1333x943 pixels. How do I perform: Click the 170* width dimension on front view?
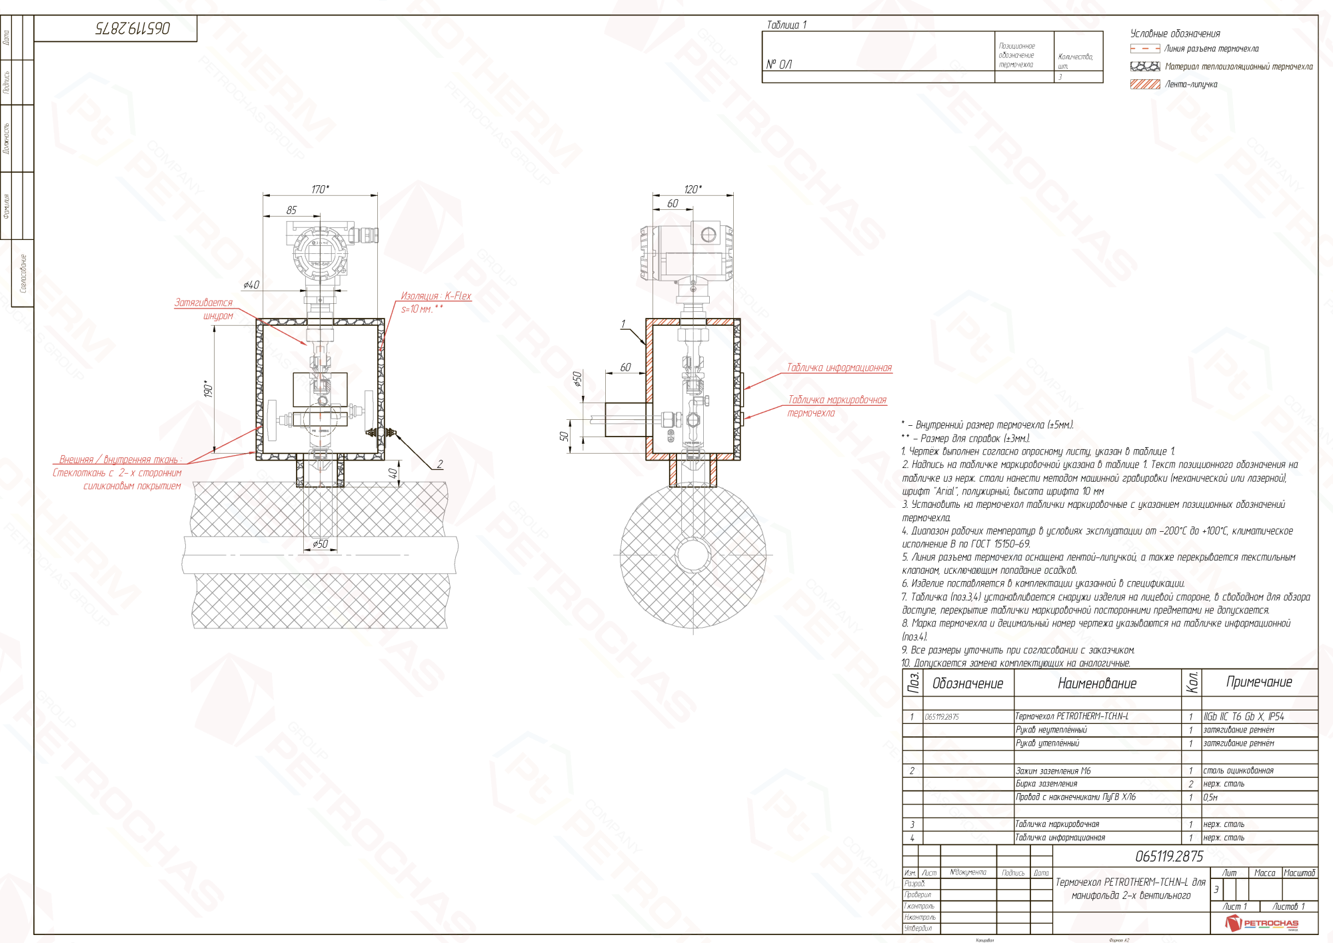pos(320,190)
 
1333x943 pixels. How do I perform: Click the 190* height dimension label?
pos(208,389)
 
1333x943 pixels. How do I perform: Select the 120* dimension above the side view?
pos(692,190)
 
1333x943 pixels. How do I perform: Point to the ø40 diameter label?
pos(251,285)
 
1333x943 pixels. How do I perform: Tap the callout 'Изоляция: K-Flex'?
pos(436,296)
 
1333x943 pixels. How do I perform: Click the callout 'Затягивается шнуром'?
pos(204,309)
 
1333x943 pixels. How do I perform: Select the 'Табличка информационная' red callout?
pos(839,368)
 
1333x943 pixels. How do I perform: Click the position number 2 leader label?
pos(440,464)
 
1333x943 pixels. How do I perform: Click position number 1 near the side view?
pos(623,325)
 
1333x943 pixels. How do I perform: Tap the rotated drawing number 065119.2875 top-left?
pos(133,28)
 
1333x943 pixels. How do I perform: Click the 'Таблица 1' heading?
pos(786,25)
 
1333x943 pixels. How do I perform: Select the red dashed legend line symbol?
pos(1145,49)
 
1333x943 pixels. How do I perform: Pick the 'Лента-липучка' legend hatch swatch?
pos(1145,85)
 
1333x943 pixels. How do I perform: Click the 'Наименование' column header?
pos(1097,683)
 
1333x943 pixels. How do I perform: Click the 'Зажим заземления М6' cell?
pos(1053,771)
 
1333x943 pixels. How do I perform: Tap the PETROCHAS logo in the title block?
pos(1262,923)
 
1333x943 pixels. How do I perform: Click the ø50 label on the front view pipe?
pos(321,544)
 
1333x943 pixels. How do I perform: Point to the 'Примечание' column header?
pos(1259,682)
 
